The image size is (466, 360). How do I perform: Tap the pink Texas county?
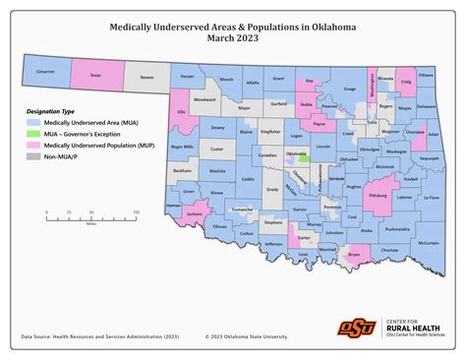(95, 73)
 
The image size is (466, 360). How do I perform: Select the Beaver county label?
(146, 74)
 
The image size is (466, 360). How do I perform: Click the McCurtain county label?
(428, 242)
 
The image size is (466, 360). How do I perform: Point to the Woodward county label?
(204, 99)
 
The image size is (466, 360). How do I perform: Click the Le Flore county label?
(430, 203)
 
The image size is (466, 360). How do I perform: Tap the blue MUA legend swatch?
(34, 122)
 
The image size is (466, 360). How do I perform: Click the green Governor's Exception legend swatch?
(34, 133)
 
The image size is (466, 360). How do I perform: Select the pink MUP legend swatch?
(34, 145)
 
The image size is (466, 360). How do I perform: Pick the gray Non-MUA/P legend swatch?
(34, 155)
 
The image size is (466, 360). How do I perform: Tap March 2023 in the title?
(233, 39)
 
